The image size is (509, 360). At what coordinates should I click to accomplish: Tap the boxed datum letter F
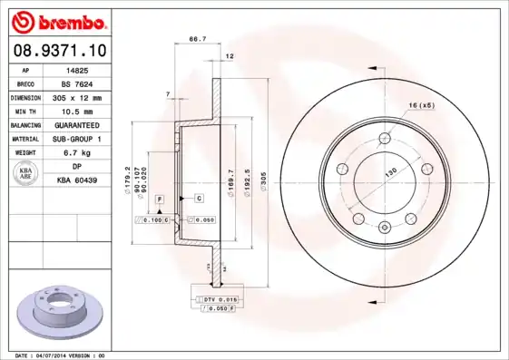[159, 197]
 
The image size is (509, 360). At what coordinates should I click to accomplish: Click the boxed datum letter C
[198, 197]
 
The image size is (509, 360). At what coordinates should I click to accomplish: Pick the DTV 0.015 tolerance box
[217, 298]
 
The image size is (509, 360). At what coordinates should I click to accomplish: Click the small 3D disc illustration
[60, 312]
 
